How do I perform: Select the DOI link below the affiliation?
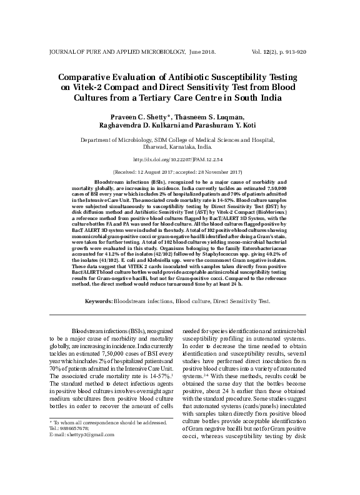coord(179,160)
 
